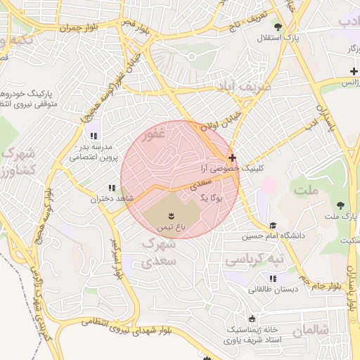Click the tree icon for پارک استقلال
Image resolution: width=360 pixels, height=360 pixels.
[278, 27]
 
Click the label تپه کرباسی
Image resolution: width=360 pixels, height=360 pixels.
[255, 259]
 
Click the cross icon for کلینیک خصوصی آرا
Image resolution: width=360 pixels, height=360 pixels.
[233, 157]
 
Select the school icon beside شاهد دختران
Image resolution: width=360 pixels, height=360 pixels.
[111, 188]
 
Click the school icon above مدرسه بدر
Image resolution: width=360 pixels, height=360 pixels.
[93, 136]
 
